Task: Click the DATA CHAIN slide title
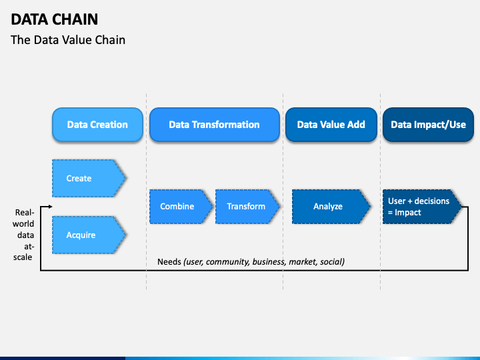55,19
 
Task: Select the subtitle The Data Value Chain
68,40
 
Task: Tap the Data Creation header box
97,125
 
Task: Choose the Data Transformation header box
214,125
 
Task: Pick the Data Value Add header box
331,125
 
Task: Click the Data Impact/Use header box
428,125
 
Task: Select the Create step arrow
89,178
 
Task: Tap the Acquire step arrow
89,235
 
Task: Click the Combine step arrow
181,206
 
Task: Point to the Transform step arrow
247,206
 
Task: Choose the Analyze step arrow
331,206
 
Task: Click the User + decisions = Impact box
422,206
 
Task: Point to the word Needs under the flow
169,262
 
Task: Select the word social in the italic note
332,262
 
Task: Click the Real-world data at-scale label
23,235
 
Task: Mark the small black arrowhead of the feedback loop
51,207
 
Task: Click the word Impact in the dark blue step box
408,213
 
